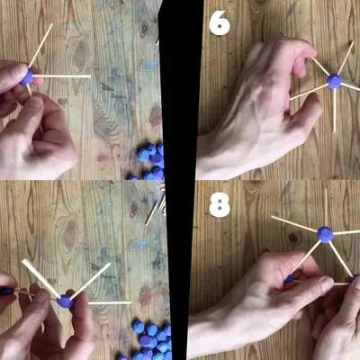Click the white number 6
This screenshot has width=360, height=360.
[220, 23]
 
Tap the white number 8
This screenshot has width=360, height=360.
[220, 204]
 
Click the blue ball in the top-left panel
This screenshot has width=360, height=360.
[28, 76]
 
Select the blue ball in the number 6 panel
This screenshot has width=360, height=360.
[334, 81]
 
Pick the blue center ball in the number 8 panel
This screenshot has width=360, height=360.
[325, 234]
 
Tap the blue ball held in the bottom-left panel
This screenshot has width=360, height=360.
[66, 301]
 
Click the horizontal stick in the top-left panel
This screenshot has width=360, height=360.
[62, 76]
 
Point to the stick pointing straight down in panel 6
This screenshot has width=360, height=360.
[334, 111]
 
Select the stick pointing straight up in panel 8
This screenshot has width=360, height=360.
[326, 208]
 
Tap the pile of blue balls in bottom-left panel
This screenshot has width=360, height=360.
[150, 339]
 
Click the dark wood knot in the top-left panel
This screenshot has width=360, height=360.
[79, 54]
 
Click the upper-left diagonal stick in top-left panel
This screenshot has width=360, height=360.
[40, 45]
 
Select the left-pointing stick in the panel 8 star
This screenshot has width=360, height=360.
[294, 224]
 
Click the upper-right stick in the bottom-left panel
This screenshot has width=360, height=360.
[91, 281]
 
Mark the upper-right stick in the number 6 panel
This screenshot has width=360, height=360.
[346, 58]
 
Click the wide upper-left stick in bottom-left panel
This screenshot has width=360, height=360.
[40, 278]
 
